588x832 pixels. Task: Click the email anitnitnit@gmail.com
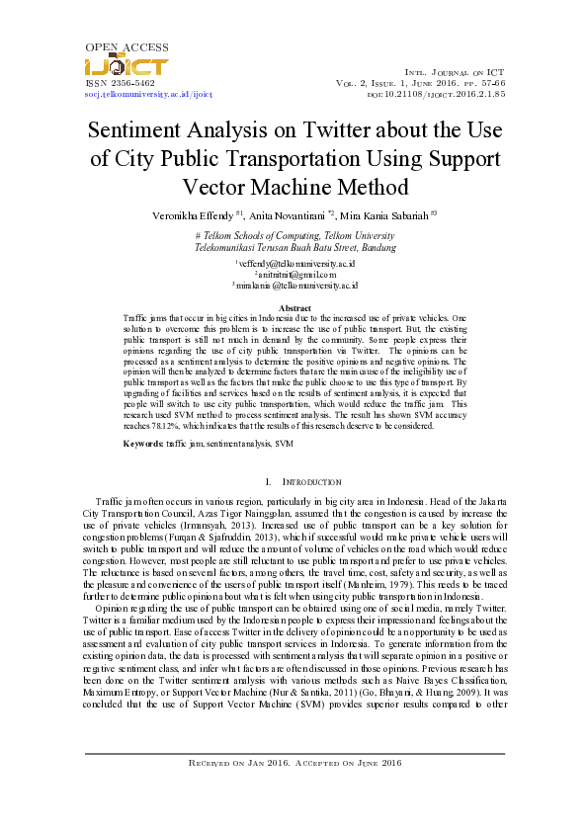(294, 274)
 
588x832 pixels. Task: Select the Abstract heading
(294, 307)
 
